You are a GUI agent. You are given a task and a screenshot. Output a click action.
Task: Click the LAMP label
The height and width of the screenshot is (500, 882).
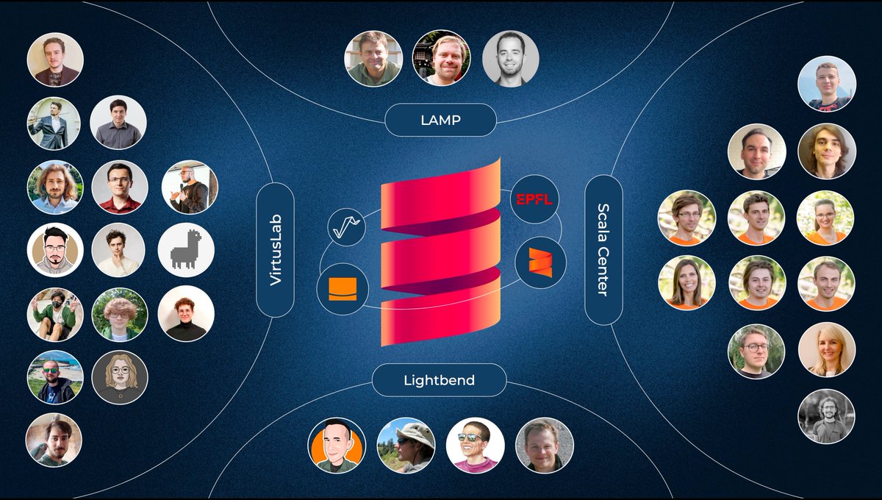click(441, 120)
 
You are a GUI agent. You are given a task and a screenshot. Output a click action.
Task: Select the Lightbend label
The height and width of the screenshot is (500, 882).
click(439, 380)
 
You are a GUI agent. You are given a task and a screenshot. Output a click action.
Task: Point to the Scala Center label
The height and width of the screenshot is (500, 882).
click(603, 250)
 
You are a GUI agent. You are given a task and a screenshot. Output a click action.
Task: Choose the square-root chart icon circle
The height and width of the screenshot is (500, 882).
click(347, 226)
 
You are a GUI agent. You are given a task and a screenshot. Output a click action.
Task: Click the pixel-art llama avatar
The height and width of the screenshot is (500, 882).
click(186, 249)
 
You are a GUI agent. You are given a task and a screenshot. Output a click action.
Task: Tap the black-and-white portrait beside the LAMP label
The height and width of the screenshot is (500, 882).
click(510, 58)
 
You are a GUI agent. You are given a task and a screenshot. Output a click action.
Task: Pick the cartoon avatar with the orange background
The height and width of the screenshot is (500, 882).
click(336, 445)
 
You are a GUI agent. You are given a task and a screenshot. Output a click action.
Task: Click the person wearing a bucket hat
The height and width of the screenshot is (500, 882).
click(406, 445)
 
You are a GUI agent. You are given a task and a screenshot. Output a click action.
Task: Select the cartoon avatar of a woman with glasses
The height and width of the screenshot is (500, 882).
click(120, 377)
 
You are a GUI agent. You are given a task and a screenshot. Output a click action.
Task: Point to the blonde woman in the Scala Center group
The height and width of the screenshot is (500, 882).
click(826, 349)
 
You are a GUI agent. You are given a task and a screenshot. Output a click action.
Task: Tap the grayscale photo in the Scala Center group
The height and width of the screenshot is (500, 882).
click(826, 416)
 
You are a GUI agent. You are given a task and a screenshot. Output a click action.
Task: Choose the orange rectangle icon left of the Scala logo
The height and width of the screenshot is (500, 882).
click(343, 289)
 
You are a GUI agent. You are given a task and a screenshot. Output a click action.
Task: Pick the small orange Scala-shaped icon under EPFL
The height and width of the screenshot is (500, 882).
click(540, 262)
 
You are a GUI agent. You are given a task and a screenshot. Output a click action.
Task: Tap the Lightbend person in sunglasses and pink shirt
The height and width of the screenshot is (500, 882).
click(475, 445)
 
